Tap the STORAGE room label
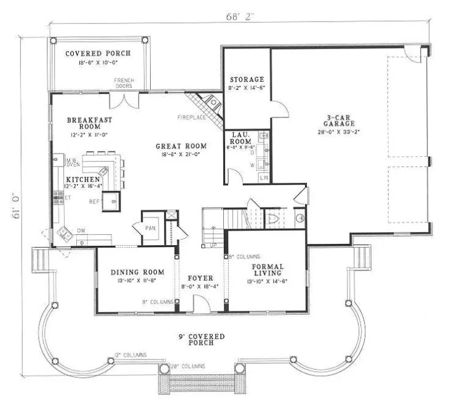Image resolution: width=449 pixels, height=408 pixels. (247, 80)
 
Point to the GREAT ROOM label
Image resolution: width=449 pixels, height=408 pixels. (180, 146)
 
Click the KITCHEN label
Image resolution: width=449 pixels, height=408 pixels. (84, 179)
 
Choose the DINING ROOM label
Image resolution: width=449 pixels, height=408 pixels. (137, 272)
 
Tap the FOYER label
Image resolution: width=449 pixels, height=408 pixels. (201, 278)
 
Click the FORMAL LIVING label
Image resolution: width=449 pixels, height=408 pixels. (268, 269)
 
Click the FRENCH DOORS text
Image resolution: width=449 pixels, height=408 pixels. (124, 83)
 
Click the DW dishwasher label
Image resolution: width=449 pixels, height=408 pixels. (81, 231)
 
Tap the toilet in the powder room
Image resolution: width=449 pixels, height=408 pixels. (274, 219)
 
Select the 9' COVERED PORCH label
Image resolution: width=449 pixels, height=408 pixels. (198, 339)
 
